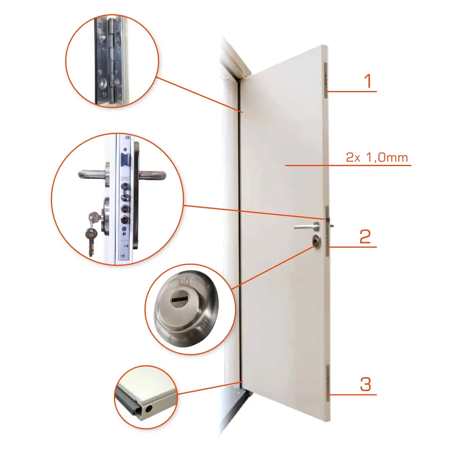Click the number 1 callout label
[368, 81]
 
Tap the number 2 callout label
[365, 236]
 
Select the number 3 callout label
[365, 384]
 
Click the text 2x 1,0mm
[377, 157]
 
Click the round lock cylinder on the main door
[316, 240]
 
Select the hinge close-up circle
[112, 61]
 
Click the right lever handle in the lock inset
[153, 174]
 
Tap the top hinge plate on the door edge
[326, 80]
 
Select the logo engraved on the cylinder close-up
[185, 281]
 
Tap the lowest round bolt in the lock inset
[125, 220]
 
